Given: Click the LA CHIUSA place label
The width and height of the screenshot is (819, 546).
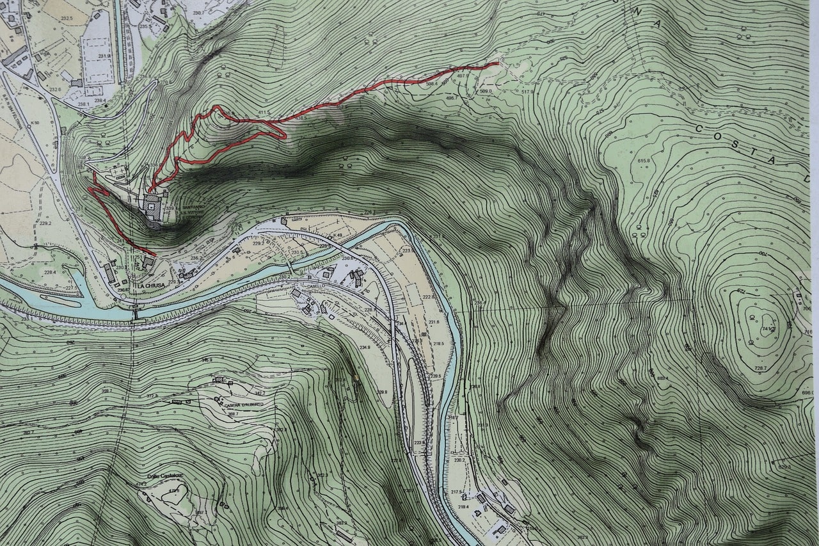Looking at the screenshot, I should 151,285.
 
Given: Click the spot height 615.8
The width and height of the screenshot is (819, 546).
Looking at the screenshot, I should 643,161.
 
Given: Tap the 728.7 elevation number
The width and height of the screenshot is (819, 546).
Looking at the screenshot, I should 760,369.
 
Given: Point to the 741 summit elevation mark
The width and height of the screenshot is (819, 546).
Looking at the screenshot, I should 768,328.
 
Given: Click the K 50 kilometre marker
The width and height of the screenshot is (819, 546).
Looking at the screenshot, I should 35,122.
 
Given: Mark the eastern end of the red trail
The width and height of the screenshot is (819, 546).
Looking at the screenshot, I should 497,63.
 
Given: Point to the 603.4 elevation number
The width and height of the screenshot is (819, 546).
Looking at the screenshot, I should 662,379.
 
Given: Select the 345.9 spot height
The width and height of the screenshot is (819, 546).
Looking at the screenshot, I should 206,360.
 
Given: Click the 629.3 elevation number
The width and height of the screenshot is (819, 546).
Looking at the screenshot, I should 784,467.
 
